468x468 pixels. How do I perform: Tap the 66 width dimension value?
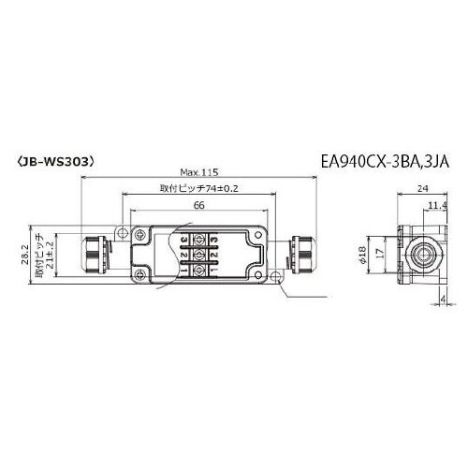tap(198, 205)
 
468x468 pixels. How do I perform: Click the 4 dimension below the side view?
tap(443, 300)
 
